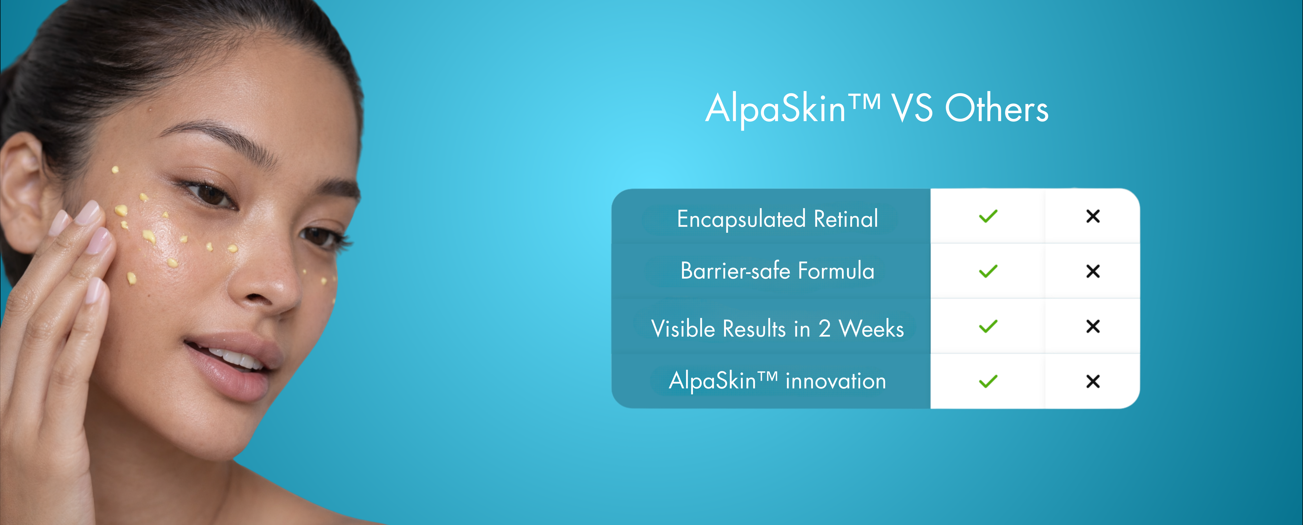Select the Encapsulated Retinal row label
[778, 219]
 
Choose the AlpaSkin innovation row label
[778, 381]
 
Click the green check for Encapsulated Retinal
[988, 217]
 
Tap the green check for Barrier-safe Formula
[988, 272]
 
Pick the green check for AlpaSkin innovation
[988, 381]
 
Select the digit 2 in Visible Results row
[825, 329]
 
